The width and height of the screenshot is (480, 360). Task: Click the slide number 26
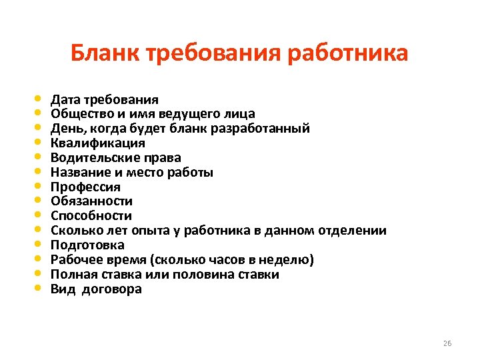[x=447, y=343]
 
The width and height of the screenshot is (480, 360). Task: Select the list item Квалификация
[x=98, y=143]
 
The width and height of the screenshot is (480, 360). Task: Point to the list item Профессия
[x=86, y=187]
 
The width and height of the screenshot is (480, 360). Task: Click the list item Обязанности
[x=92, y=201]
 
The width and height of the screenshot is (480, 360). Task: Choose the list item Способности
[x=91, y=216]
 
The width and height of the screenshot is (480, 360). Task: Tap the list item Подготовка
[x=87, y=245]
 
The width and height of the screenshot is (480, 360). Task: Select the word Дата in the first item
[x=65, y=100]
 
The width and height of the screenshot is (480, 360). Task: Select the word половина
[x=203, y=275]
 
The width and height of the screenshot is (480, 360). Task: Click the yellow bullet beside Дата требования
[x=37, y=99]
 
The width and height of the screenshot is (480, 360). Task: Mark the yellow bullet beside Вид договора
[x=37, y=289]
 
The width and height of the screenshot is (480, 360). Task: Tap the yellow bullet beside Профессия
[x=37, y=186]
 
